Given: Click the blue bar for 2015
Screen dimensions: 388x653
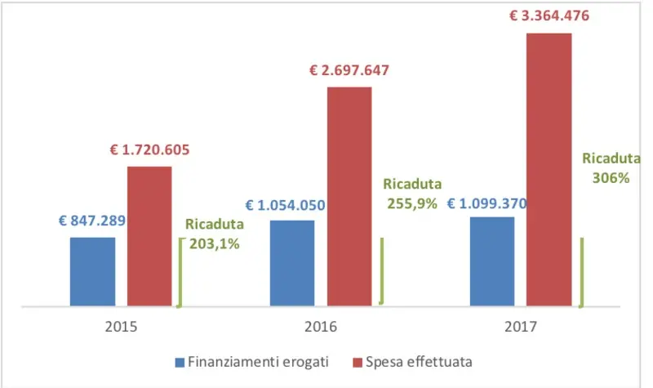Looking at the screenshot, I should tap(92, 272).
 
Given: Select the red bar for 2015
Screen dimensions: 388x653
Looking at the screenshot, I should tap(149, 237).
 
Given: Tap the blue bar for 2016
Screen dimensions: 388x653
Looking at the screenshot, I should tap(291, 263).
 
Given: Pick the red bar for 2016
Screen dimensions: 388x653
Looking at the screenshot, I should tap(349, 196).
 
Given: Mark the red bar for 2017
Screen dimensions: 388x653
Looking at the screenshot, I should tap(549, 170).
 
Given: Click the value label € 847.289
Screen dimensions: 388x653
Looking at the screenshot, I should tap(91, 220).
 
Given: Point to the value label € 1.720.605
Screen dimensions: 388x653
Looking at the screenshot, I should tap(149, 149).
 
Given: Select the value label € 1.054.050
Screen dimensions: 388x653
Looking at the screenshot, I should tap(291, 204).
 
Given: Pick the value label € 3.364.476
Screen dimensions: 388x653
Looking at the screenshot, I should tap(549, 16).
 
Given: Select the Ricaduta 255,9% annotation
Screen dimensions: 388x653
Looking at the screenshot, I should tap(412, 194).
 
